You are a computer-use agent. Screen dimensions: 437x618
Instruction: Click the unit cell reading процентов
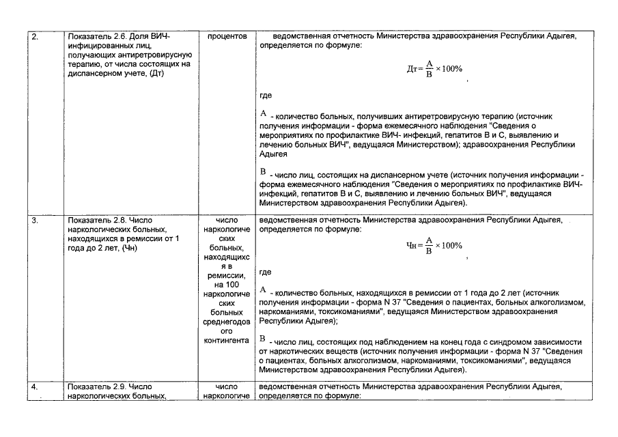pos(226,36)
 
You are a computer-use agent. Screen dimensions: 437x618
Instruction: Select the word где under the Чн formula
pos(266,272)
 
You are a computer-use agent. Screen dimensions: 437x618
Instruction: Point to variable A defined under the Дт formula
pos(264,113)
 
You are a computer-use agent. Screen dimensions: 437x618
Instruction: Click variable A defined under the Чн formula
pos(264,290)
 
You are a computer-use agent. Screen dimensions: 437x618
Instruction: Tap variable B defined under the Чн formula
pos(264,339)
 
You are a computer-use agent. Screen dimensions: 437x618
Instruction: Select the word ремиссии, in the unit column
pos(226,273)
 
